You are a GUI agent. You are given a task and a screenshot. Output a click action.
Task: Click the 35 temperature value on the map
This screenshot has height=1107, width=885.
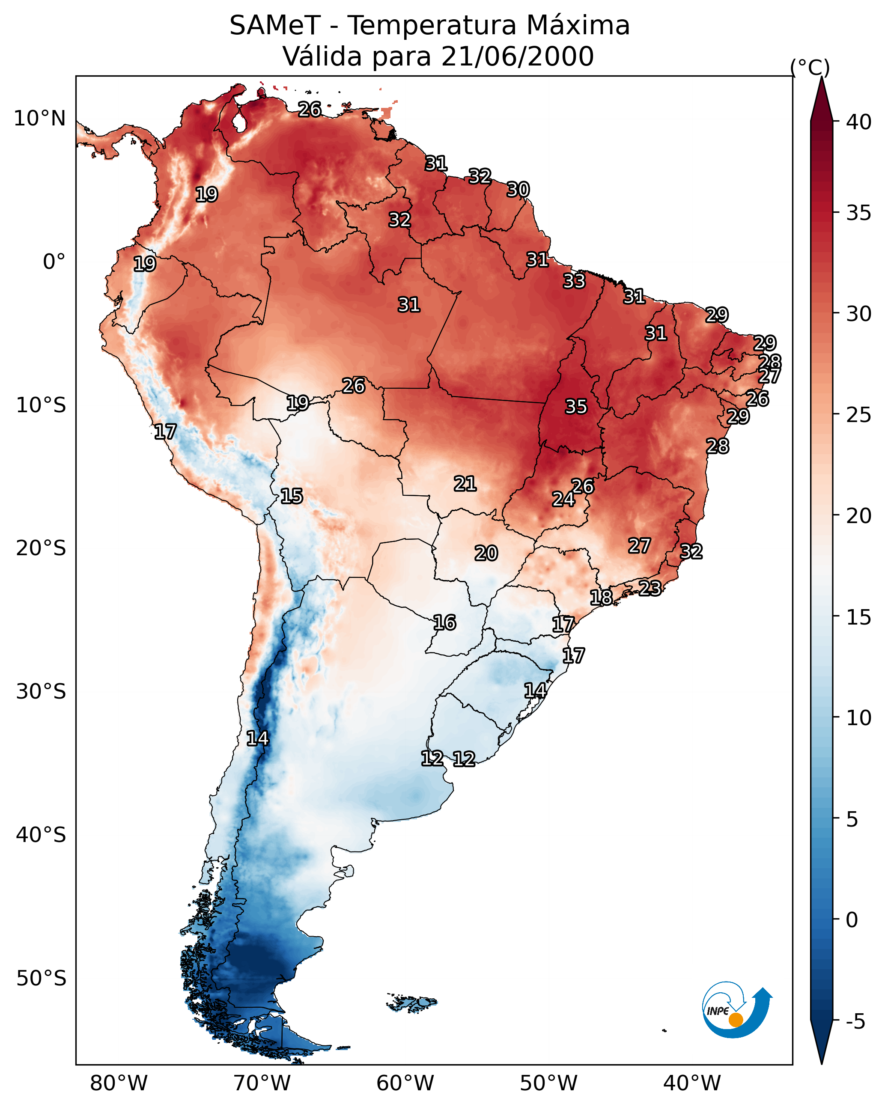pyautogui.click(x=576, y=407)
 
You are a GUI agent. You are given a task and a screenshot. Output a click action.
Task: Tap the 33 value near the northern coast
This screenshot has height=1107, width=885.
pyautogui.click(x=574, y=281)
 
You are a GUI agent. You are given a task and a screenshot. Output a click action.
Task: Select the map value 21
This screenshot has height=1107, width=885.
pyautogui.click(x=465, y=484)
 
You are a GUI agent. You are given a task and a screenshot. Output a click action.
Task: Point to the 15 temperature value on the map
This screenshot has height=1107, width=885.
pyautogui.click(x=291, y=496)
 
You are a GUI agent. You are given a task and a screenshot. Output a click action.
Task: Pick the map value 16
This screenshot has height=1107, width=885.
pyautogui.click(x=444, y=623)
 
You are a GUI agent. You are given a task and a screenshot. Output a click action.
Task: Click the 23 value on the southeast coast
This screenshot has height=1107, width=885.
pyautogui.click(x=650, y=588)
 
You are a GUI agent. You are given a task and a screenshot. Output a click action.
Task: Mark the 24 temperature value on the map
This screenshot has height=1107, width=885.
pyautogui.click(x=563, y=499)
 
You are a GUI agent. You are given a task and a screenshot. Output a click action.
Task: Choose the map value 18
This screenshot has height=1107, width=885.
pyautogui.click(x=601, y=597)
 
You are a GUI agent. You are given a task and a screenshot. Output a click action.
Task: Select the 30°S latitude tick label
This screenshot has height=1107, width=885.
pyautogui.click(x=41, y=692)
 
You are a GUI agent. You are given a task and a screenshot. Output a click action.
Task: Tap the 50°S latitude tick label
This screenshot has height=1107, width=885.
pyautogui.click(x=41, y=979)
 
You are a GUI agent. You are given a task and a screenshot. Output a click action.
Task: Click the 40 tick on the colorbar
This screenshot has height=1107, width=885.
pyautogui.click(x=859, y=122)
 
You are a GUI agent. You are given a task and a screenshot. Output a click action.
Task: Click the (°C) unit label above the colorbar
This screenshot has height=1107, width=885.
pyautogui.click(x=810, y=67)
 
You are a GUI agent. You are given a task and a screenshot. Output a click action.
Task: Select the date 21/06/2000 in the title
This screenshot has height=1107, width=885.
pyautogui.click(x=517, y=57)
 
